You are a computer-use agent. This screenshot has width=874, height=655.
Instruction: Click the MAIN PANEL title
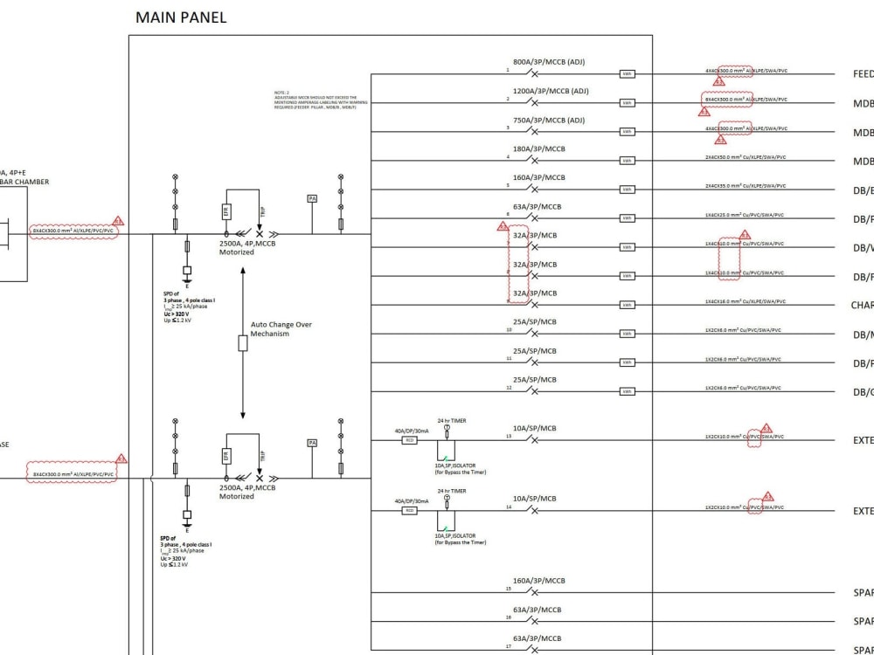pyautogui.click(x=181, y=17)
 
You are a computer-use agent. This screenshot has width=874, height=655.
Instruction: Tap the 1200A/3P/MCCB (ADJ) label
pyautogui.click(x=551, y=91)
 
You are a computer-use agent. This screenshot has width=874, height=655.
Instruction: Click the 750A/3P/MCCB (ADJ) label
pyautogui.click(x=549, y=120)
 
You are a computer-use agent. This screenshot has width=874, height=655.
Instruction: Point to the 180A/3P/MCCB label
pyautogui.click(x=538, y=148)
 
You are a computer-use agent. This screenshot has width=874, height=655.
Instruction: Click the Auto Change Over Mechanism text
pyautogui.click(x=281, y=329)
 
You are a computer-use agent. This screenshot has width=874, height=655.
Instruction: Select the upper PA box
pyautogui.click(x=312, y=199)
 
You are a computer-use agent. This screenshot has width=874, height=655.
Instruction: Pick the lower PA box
pyautogui.click(x=312, y=444)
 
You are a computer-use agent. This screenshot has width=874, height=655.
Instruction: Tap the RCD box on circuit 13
pyautogui.click(x=409, y=440)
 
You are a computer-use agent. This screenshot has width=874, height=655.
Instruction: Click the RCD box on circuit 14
pyautogui.click(x=409, y=510)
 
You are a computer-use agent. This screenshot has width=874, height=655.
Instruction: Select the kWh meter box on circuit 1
pyautogui.click(x=628, y=74)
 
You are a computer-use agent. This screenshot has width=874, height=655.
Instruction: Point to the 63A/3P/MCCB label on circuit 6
pyautogui.click(x=536, y=206)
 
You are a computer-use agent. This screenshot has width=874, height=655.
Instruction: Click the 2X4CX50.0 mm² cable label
pyautogui.click(x=746, y=157)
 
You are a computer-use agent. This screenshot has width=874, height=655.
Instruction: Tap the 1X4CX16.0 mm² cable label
pyautogui.click(x=746, y=301)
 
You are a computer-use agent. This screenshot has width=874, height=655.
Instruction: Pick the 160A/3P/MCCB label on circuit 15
pyautogui.click(x=538, y=580)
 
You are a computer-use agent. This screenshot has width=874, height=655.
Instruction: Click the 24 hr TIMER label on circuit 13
pyautogui.click(x=452, y=421)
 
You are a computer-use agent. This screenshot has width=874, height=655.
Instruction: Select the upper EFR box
pyautogui.click(x=226, y=212)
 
